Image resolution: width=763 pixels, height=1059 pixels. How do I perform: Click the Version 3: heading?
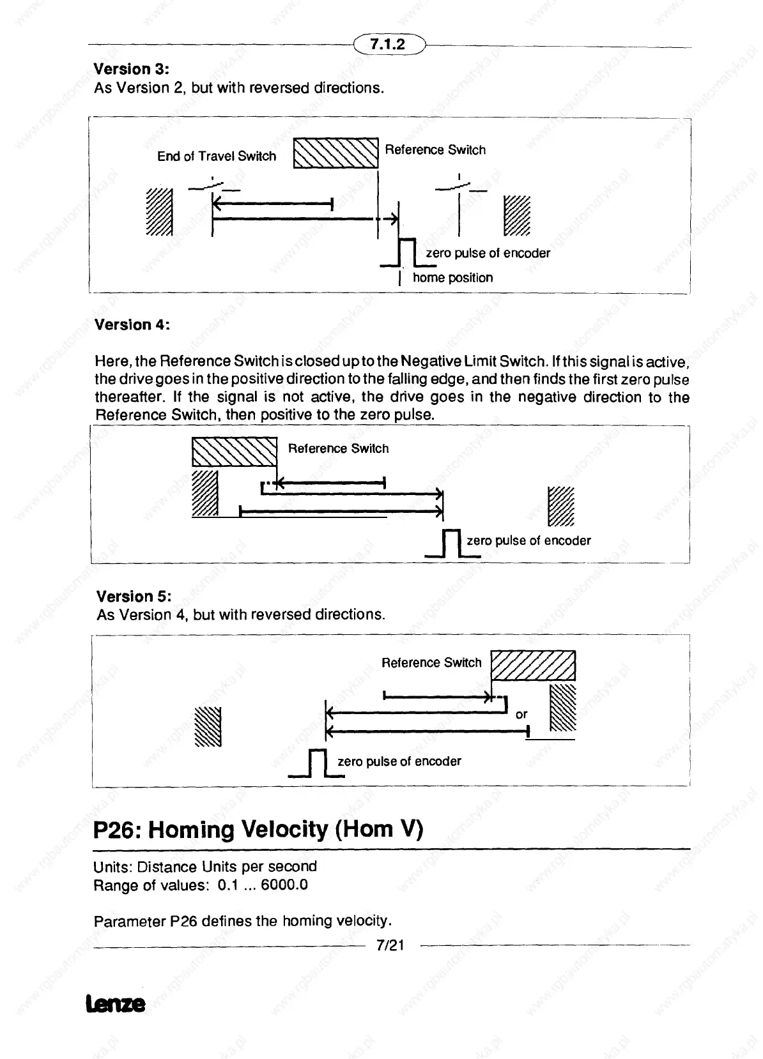[131, 68]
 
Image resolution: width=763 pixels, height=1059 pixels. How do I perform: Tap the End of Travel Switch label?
[217, 156]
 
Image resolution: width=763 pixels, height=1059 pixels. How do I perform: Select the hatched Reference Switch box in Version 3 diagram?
[335, 153]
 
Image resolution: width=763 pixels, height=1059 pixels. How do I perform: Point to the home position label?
[452, 278]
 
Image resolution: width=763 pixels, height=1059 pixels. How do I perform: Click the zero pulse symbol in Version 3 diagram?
[406, 252]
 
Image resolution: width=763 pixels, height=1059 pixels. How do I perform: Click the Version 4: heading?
[132, 324]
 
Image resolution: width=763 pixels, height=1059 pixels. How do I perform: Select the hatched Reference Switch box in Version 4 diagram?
[235, 452]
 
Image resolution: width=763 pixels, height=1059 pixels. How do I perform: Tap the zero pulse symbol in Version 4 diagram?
[452, 544]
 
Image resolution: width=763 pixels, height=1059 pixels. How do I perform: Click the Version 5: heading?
[134, 597]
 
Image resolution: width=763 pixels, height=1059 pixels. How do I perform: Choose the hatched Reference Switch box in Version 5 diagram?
[533, 666]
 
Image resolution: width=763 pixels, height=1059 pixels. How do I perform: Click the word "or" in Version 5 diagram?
[521, 714]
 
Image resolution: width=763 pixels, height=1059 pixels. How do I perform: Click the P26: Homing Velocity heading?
[258, 829]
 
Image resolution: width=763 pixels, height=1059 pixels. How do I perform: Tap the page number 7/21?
[390, 945]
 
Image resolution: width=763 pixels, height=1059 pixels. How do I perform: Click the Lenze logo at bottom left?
[114, 1004]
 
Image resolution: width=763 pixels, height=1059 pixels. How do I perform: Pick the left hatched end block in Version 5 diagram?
[208, 727]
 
